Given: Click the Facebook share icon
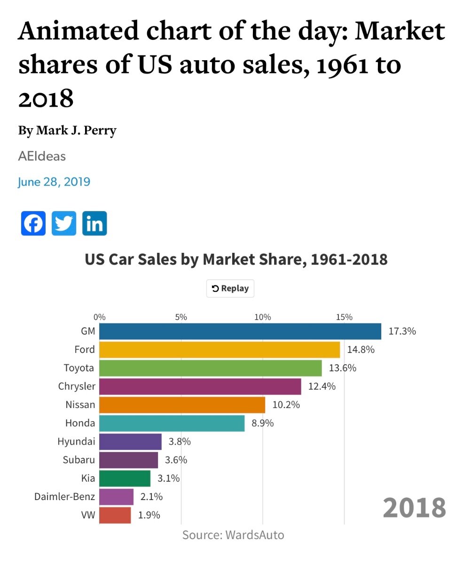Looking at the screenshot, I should click(33, 223).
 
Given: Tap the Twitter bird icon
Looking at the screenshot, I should click(64, 223).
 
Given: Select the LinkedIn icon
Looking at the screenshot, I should click(94, 223).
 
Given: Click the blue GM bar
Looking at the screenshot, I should click(240, 331).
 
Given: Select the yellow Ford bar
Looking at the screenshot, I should click(220, 350).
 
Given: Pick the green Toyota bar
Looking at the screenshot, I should click(211, 368).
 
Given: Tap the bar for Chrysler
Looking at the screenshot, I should click(200, 386).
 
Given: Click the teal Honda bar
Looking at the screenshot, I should click(172, 423).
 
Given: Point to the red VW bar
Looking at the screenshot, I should click(115, 515).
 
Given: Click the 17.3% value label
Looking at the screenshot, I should click(402, 331).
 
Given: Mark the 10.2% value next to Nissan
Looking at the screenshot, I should click(286, 405).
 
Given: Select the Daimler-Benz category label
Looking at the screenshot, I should click(64, 497).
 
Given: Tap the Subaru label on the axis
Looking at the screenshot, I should click(78, 460).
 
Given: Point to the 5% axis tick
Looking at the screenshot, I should click(181, 317).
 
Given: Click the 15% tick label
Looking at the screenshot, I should click(344, 317).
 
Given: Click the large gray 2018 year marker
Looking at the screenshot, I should click(414, 508).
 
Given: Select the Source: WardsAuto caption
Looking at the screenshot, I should click(233, 535).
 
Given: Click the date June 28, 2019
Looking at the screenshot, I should click(54, 181).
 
